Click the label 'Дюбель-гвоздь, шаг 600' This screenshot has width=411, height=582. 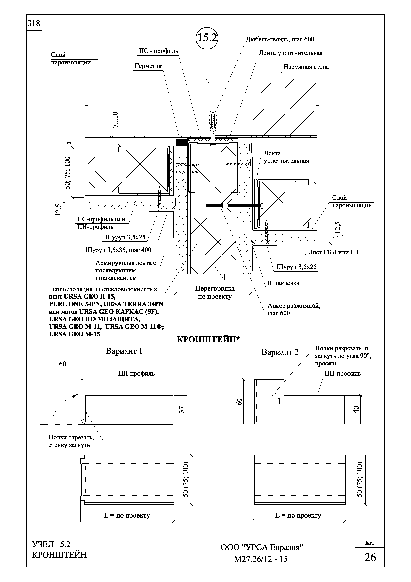click(x=280, y=39)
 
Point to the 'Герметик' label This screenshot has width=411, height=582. click(x=148, y=66)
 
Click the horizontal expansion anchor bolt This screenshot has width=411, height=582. click(x=233, y=206)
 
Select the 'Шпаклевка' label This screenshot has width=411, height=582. click(x=283, y=283)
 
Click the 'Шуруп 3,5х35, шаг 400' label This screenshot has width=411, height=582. click(x=118, y=250)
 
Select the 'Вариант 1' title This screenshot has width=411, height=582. click(x=124, y=351)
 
